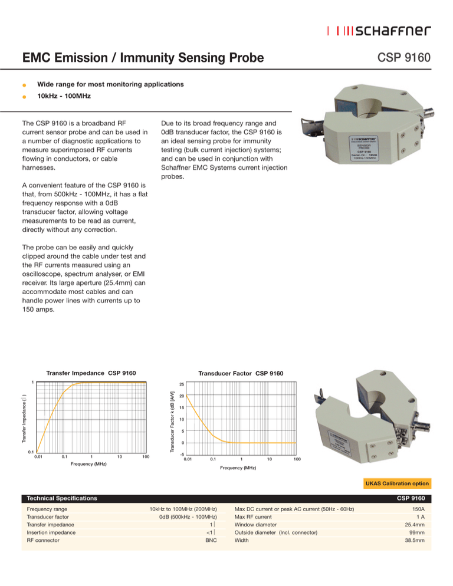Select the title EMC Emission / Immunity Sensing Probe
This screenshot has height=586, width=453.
click(142, 58)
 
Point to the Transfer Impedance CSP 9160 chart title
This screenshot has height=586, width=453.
click(91, 373)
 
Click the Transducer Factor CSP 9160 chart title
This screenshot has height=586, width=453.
click(240, 373)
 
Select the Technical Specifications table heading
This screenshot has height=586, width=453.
click(58, 498)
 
